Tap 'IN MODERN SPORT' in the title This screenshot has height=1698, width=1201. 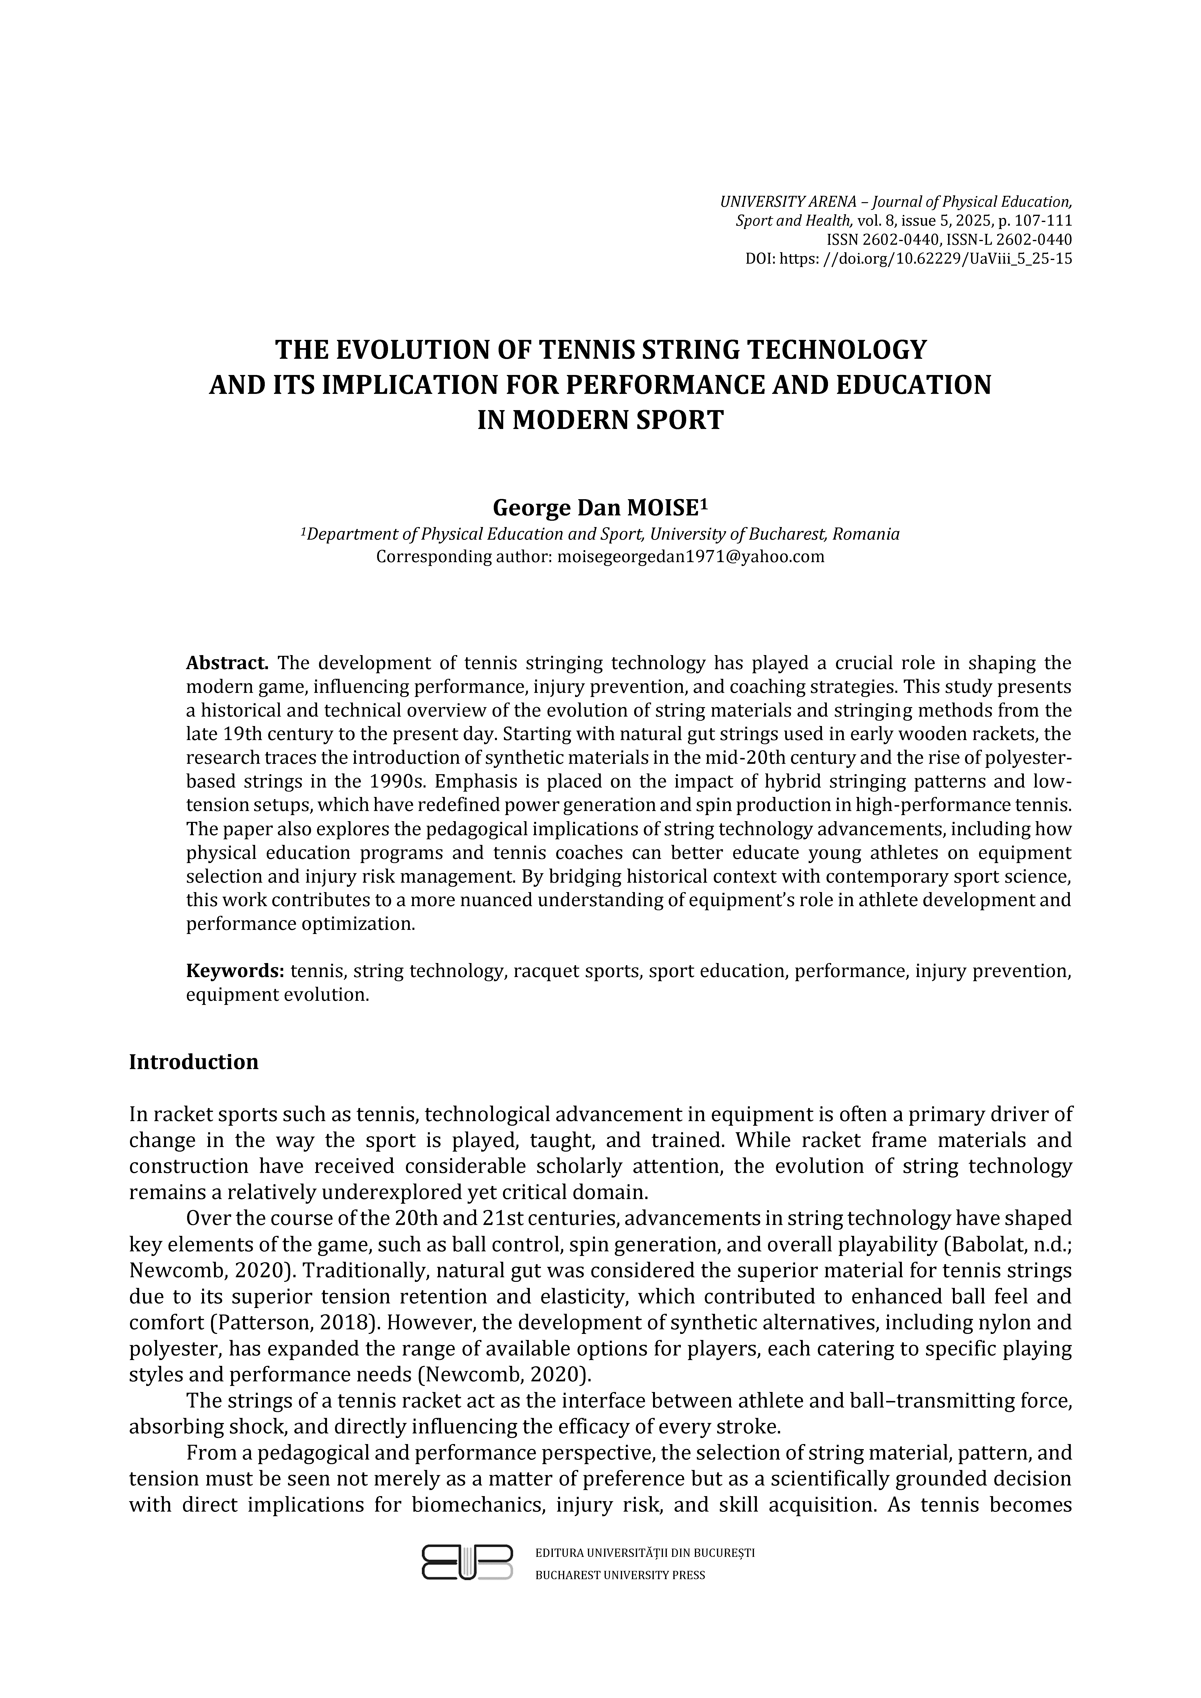point(600,420)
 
